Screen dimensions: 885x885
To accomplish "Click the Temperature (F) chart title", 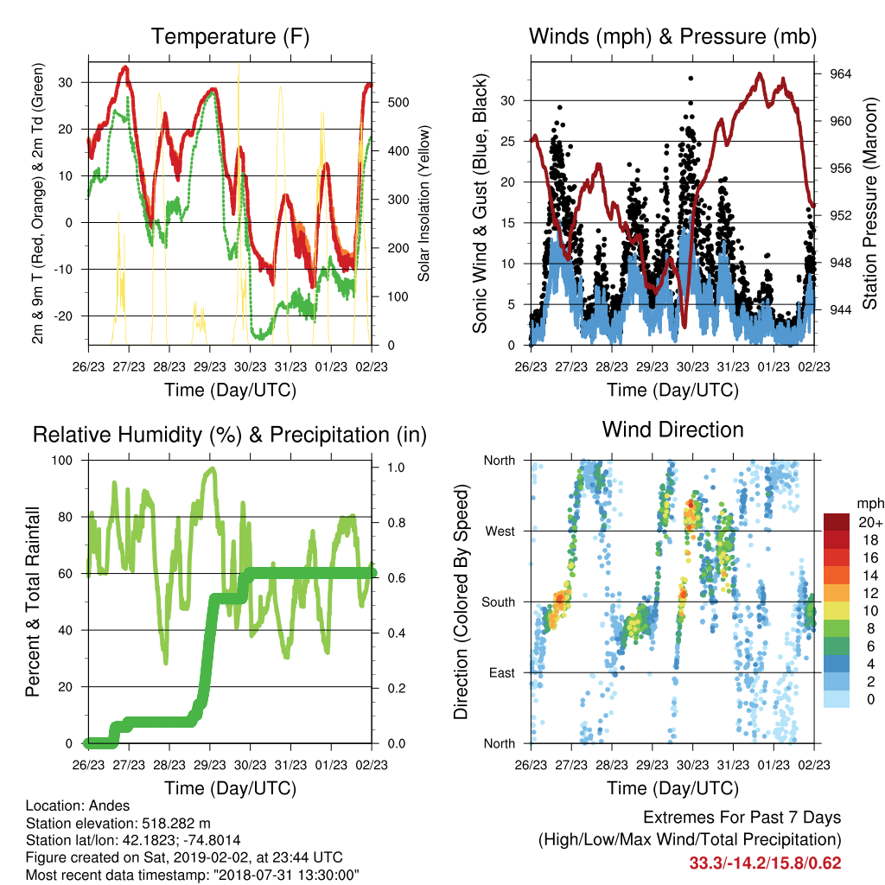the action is coord(230,36).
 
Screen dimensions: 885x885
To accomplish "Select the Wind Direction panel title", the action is coord(672,430).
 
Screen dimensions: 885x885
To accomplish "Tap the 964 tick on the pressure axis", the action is coord(840,74).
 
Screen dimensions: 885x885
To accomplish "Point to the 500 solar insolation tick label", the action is coord(398,102).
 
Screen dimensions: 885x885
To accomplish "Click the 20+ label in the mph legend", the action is coord(870,522).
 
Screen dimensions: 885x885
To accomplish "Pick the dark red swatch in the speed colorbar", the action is coord(837,522).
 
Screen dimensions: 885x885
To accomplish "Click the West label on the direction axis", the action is coord(500,532).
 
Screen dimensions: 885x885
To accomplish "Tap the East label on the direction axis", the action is coord(502,672).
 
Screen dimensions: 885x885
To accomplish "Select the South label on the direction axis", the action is coord(499,602).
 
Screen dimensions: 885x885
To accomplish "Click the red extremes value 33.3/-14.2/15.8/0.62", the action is coord(765,863).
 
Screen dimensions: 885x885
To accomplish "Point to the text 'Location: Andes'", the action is coord(78,805).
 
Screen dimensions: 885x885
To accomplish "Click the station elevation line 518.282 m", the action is coord(118,823).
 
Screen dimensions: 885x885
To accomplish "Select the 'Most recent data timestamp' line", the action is coord(193,875).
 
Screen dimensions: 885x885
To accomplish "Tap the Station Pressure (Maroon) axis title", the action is coord(869,203).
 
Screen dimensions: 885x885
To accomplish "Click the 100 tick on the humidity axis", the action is coord(62,461).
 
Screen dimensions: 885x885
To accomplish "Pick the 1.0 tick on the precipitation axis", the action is coord(396,468).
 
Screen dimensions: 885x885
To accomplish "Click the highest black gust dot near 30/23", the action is coord(691,79).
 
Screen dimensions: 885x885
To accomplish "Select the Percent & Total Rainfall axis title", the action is coord(33,602).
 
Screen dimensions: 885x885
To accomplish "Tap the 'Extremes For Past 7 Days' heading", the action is coord(742,818).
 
